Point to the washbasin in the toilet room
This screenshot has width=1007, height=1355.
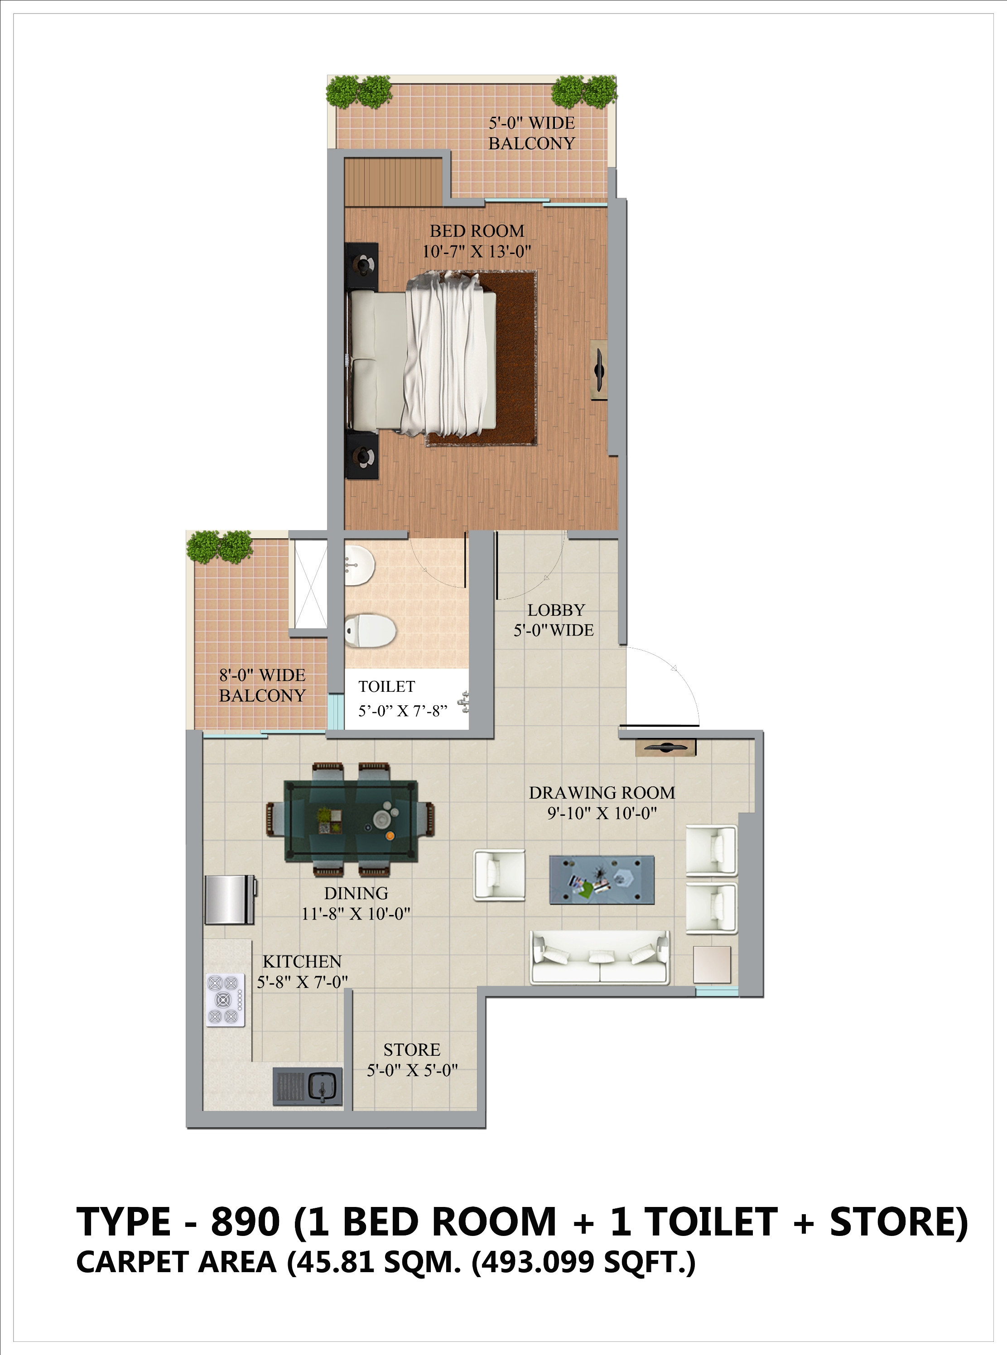360,562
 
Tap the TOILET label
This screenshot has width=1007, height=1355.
386,687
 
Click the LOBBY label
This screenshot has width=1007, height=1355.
556,610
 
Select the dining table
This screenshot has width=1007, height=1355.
351,821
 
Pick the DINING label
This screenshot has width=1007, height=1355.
356,893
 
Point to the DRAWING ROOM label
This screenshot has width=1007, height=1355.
602,793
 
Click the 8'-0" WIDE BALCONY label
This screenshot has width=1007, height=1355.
262,685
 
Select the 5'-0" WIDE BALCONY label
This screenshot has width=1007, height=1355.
531,133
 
